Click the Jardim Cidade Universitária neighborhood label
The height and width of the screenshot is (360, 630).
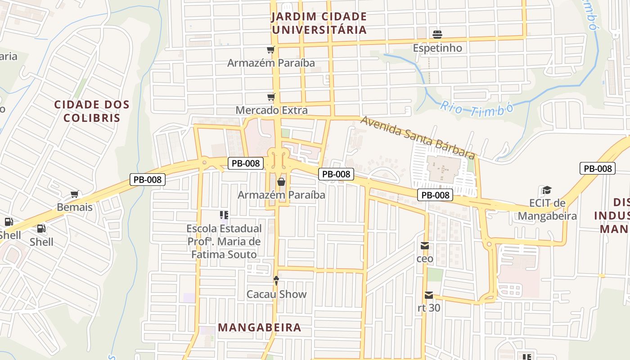319,23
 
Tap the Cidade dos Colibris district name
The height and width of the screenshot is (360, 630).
92,111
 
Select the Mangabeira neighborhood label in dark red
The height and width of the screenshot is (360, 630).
260,328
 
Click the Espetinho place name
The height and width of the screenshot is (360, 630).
437,48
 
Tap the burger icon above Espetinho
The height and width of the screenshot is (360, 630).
437,34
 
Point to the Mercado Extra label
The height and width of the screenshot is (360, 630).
272,110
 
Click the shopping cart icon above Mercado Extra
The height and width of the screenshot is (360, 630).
271,97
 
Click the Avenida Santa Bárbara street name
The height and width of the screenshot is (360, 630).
418,137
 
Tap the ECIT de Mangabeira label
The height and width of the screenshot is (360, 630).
547,210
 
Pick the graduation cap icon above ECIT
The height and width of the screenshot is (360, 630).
547,190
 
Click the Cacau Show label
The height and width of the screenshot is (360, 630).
276,294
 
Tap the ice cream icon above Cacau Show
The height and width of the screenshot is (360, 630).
276,281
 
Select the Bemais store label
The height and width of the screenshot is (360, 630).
75,207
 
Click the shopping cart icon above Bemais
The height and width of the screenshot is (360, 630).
75,194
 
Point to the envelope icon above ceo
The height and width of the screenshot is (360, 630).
425,246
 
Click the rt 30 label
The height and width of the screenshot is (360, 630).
429,309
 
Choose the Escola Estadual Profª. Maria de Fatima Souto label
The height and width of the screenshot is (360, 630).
224,242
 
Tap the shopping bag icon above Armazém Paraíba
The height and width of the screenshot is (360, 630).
281,182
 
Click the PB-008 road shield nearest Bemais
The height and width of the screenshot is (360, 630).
148,180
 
